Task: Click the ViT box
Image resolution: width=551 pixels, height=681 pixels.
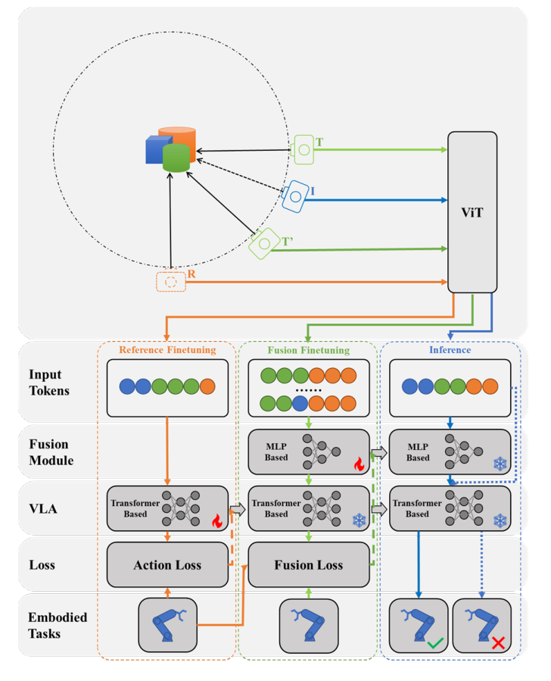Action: (x=472, y=213)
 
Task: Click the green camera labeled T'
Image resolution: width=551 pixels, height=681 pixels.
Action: (x=264, y=242)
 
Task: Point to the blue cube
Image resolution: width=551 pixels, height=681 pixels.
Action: (x=156, y=150)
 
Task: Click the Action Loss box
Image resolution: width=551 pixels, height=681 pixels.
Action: (x=167, y=565)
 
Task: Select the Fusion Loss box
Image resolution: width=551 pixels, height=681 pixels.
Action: (x=308, y=565)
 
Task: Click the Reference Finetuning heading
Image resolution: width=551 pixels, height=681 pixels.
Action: (x=167, y=350)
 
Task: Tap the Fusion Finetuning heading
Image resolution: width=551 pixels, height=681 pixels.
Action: (x=308, y=350)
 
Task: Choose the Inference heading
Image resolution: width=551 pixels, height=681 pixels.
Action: (x=450, y=350)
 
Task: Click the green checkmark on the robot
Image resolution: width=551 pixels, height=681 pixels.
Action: (x=434, y=643)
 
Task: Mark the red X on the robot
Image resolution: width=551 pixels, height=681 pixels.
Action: (x=498, y=643)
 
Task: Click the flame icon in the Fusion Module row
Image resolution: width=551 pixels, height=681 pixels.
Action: (x=358, y=462)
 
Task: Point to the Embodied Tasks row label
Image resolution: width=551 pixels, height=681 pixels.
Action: (x=58, y=625)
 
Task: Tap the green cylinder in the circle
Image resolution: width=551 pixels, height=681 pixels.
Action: (x=175, y=157)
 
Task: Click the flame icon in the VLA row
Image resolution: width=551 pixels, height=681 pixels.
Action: (x=216, y=521)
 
